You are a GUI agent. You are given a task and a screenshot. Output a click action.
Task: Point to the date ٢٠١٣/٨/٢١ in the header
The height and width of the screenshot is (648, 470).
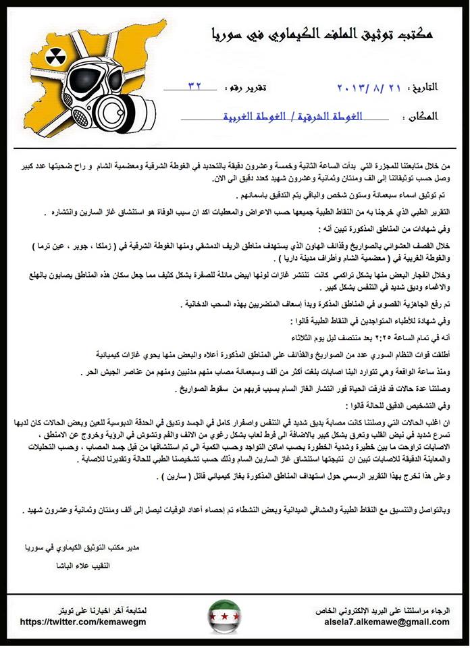[368, 88]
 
